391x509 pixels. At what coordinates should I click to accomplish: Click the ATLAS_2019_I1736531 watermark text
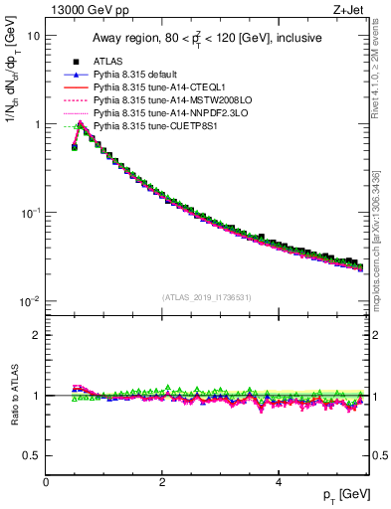pyautogui.click(x=207, y=297)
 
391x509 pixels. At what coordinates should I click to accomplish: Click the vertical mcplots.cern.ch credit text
pyautogui.click(x=381, y=239)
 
